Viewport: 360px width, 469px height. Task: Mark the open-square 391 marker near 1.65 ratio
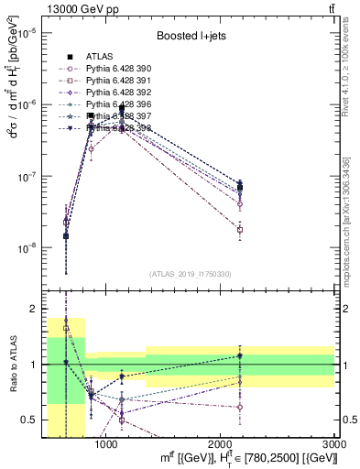(x=66, y=328)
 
